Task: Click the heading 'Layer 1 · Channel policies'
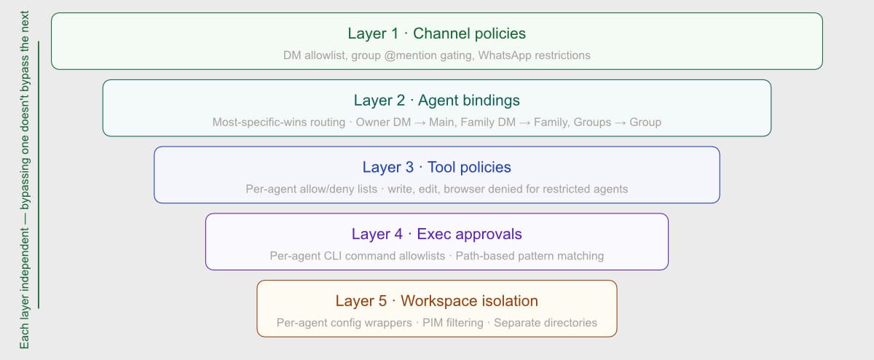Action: point(436,34)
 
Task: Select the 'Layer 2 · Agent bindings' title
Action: point(436,101)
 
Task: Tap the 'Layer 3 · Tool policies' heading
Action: point(436,167)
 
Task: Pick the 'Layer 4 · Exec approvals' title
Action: point(436,234)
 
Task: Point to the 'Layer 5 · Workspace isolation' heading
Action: point(436,301)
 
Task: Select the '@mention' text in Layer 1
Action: point(410,55)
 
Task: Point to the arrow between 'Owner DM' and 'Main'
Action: point(420,122)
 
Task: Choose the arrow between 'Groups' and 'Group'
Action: point(621,122)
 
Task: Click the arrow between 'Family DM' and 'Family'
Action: point(524,122)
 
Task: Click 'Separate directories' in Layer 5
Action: point(546,323)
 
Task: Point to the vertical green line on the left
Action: point(39,174)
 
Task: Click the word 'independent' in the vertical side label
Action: point(24,259)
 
